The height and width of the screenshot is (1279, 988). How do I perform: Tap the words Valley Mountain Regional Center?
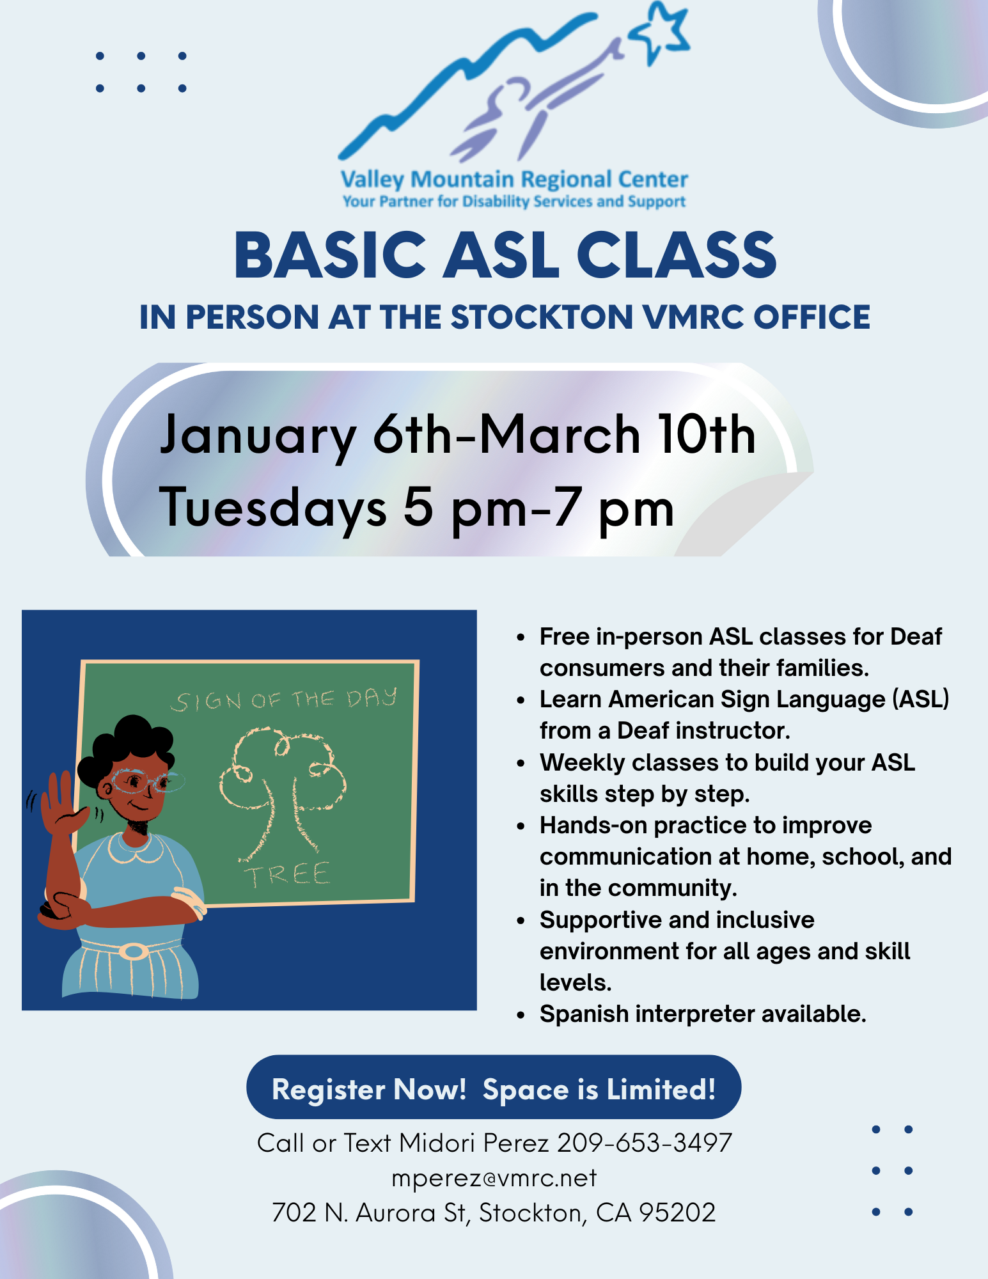tap(514, 180)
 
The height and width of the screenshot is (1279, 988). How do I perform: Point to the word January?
tap(258, 435)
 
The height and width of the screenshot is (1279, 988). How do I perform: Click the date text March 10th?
tap(617, 434)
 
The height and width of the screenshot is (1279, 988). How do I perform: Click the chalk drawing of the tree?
tap(281, 790)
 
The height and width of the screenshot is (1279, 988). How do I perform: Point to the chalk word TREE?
tap(287, 875)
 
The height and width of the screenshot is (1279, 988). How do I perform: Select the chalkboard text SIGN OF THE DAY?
tap(284, 700)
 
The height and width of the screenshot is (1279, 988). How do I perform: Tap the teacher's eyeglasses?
tap(144, 781)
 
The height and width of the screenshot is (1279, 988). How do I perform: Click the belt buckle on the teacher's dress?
tap(134, 952)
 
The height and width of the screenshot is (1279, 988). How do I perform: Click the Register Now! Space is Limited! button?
tap(494, 1089)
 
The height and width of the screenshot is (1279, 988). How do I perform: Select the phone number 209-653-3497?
tap(644, 1143)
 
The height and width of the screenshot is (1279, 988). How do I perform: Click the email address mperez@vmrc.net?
tap(494, 1177)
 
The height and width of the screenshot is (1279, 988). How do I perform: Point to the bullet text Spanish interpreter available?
tap(703, 1014)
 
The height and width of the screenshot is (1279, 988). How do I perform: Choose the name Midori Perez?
tap(474, 1143)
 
